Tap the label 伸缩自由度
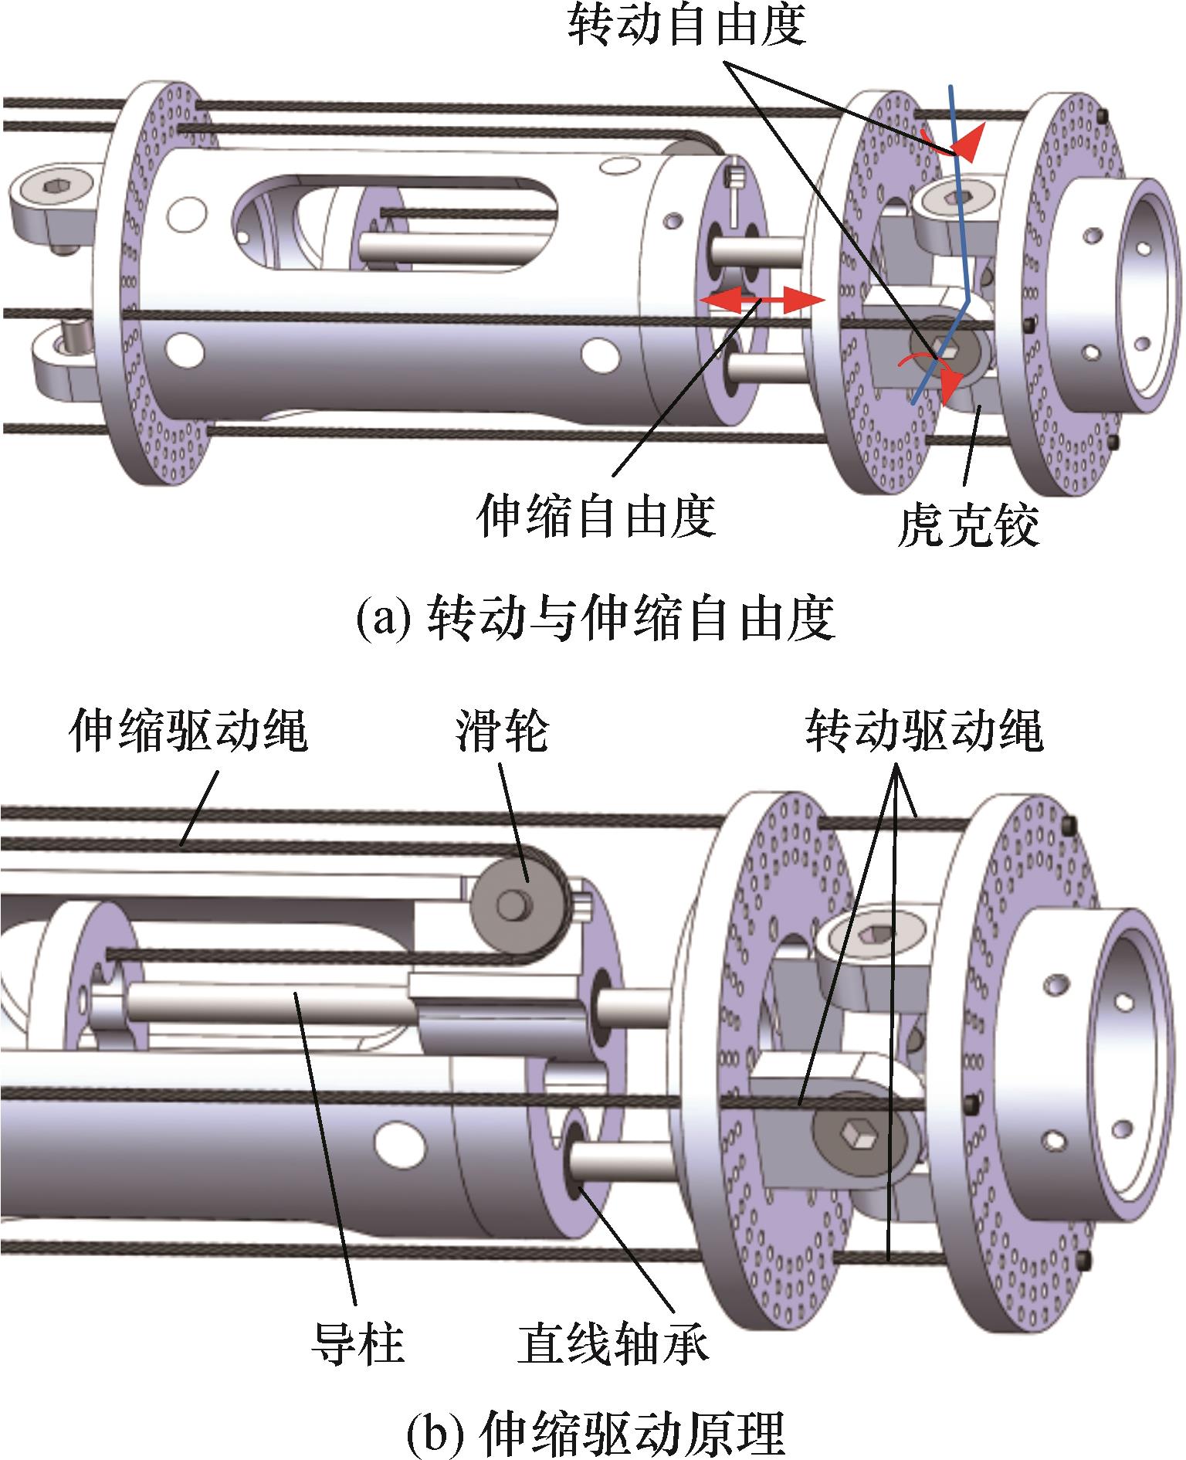click(595, 516)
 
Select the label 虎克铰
click(967, 526)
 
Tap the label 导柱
click(357, 1343)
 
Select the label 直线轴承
click(612, 1343)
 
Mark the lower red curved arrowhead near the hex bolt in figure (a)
click(952, 384)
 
